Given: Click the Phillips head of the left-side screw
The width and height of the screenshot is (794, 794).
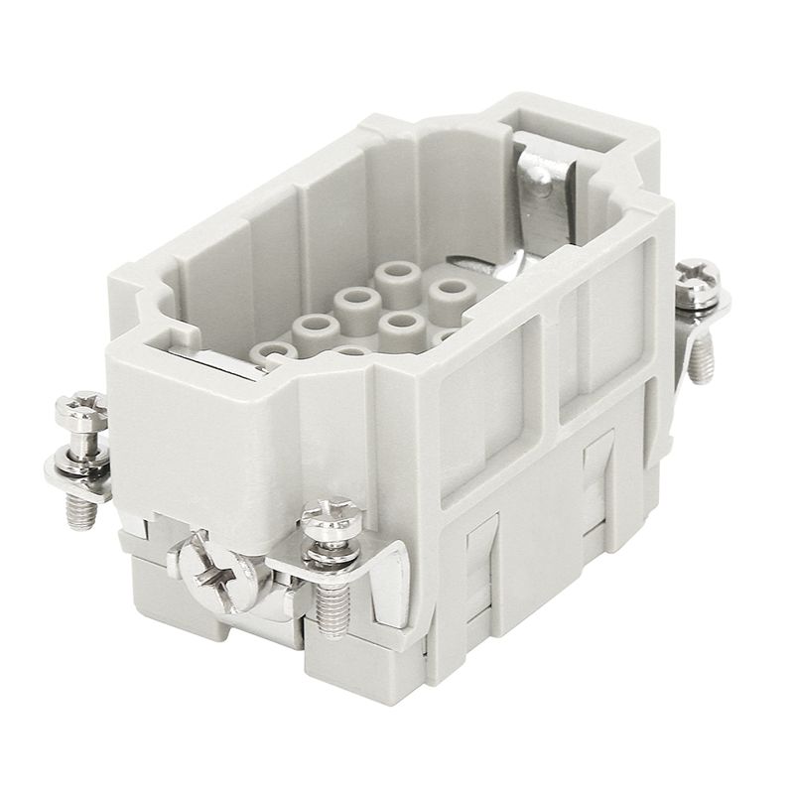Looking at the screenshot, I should click(x=78, y=408).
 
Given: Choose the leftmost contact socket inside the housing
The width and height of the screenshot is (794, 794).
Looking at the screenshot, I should click(x=269, y=350).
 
